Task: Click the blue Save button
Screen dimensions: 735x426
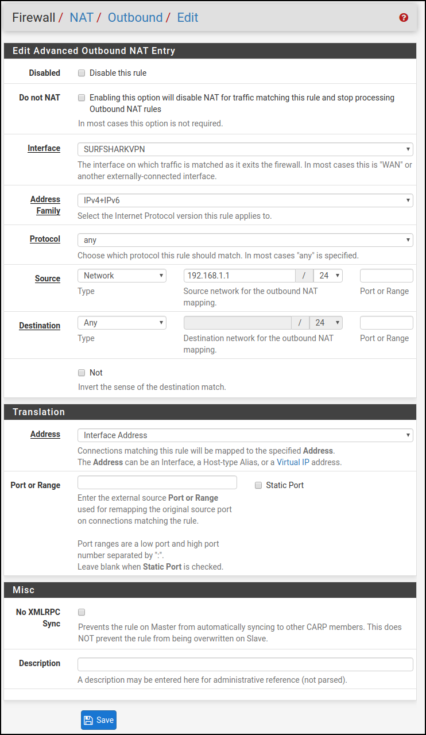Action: coord(99,720)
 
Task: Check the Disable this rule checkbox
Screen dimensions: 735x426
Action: coord(82,73)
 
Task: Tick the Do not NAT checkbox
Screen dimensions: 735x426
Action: coord(82,98)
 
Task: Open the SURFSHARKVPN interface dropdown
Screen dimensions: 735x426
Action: coord(245,149)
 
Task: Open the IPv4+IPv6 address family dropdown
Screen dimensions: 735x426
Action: coord(245,200)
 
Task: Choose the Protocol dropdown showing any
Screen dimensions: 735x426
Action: coord(245,239)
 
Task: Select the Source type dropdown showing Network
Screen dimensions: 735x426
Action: coord(122,276)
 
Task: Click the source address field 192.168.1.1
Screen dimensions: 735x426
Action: coord(239,276)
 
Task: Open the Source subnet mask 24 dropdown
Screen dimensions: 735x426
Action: coord(328,276)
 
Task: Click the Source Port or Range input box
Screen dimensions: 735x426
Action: coord(386,276)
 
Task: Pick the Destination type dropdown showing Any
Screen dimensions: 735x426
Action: coord(122,323)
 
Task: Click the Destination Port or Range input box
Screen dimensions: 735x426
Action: coord(386,323)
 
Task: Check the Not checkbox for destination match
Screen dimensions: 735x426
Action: coord(82,373)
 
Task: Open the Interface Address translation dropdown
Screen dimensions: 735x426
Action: coord(245,435)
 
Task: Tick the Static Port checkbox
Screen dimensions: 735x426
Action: coord(258,485)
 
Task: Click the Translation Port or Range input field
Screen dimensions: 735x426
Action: coord(157,482)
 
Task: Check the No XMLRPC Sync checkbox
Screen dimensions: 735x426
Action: coord(82,612)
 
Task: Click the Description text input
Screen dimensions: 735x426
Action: coord(245,664)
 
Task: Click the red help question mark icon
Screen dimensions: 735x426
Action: coord(404,18)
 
